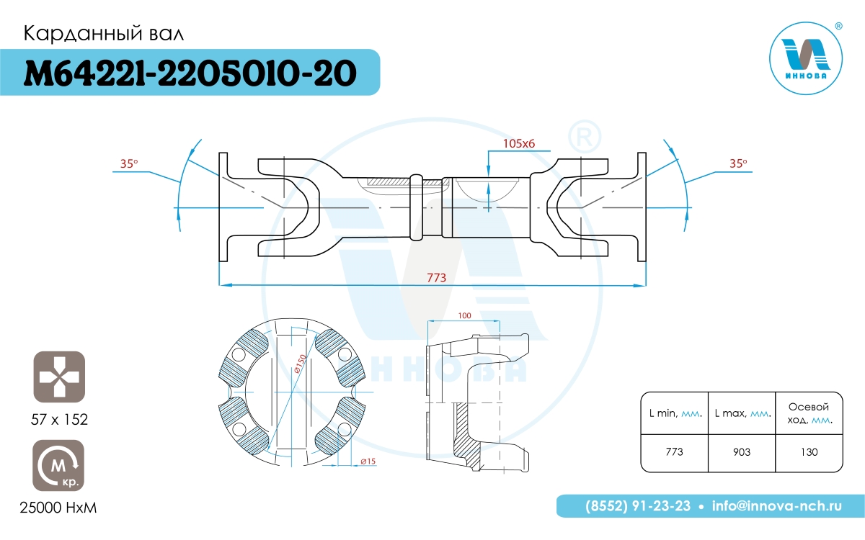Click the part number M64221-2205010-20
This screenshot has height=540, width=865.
pyautogui.click(x=190, y=73)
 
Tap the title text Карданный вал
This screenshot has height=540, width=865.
pyautogui.click(x=104, y=34)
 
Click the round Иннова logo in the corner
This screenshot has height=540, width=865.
pyautogui.click(x=806, y=58)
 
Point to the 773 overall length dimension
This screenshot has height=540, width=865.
pyautogui.click(x=436, y=278)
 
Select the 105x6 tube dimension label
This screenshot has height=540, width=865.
pyautogui.click(x=518, y=143)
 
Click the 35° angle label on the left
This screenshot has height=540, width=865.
pyautogui.click(x=129, y=163)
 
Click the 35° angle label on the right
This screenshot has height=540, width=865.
pyautogui.click(x=738, y=163)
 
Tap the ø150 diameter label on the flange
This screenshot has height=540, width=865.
pyautogui.click(x=300, y=364)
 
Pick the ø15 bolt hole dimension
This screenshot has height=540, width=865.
pyautogui.click(x=368, y=461)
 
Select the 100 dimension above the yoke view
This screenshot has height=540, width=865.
pyautogui.click(x=464, y=315)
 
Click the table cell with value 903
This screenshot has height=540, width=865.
pyautogui.click(x=742, y=452)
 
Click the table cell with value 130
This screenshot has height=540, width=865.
pyautogui.click(x=809, y=452)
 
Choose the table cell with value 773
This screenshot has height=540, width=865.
pyautogui.click(x=674, y=451)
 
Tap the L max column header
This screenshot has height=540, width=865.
pyautogui.click(x=742, y=413)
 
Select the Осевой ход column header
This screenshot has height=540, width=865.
pyautogui.click(x=809, y=413)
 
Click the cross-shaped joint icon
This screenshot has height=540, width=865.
pyautogui.click(x=59, y=377)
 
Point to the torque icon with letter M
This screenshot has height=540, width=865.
pyautogui.click(x=58, y=465)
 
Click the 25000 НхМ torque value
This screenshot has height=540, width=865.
pyautogui.click(x=58, y=508)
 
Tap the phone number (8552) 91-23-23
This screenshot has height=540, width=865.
pyautogui.click(x=638, y=506)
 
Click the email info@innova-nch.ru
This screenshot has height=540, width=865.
pyautogui.click(x=777, y=506)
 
